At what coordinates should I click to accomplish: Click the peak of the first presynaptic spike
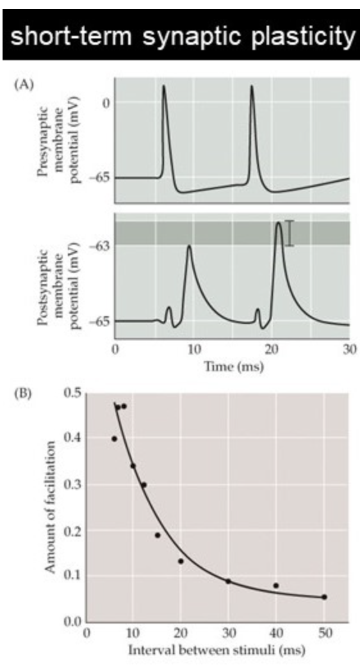pos(164,86)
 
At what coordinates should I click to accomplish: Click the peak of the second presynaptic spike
pos(252,86)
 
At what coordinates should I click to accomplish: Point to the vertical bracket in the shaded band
pos(290,233)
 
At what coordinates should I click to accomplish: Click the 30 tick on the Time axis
pos(348,350)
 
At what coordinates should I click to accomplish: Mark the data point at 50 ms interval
pos(324,597)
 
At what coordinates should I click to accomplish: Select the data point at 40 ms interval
pos(276,585)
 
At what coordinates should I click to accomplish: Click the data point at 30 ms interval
pos(228,581)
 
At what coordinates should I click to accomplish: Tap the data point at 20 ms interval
pos(181,561)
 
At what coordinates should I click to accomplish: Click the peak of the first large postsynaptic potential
pos(188,246)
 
